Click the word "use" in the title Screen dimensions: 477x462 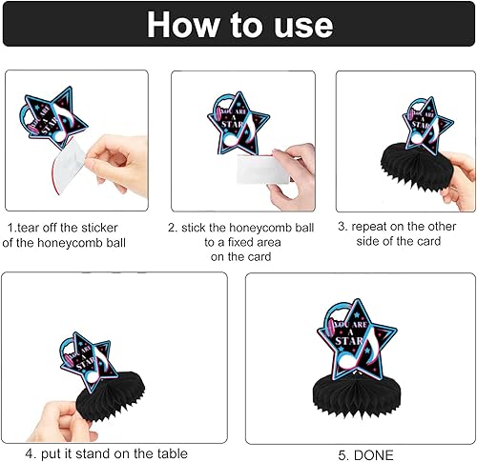click(x=303, y=26)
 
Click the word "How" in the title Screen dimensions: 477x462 click(x=183, y=25)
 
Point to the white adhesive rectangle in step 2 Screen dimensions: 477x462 click(x=262, y=170)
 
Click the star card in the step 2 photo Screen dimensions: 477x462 click(x=238, y=123)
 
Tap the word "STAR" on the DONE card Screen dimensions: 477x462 click(x=349, y=341)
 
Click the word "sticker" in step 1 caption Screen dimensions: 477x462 click(x=99, y=228)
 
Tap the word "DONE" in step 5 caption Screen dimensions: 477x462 click(x=374, y=455)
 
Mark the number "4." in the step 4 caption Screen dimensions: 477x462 click(x=31, y=453)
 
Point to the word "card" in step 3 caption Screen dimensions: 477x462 click(x=428, y=241)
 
